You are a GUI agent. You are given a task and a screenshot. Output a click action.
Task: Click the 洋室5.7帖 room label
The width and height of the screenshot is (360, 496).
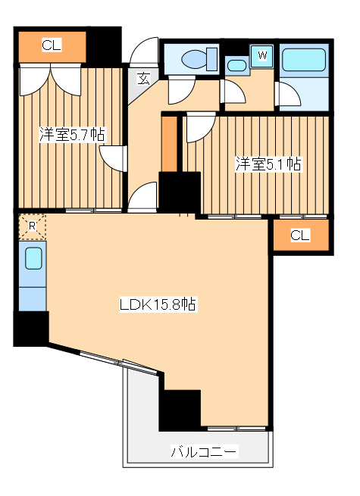pos(73,136)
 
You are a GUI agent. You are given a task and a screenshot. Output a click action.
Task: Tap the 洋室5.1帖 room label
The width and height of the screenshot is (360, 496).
pos(268,164)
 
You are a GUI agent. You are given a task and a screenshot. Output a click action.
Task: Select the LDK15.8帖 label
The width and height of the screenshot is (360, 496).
pos(158,305)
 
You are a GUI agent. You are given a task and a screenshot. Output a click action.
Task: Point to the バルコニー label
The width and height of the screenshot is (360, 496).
pos(203,453)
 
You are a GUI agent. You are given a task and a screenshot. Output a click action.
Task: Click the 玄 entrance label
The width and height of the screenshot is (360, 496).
pos(143,77)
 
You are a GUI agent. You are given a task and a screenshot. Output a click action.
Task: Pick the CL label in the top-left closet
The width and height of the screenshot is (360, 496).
pos(52,46)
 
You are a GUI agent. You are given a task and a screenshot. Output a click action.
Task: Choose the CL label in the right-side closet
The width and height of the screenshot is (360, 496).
pos(300,236)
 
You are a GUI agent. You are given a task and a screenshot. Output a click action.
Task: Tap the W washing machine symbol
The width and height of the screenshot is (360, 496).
pos(262,55)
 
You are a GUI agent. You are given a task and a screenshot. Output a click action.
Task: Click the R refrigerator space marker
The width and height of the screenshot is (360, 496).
pos(32,226)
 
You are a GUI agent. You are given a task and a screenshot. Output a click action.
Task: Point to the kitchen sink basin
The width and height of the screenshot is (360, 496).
pos(33,259)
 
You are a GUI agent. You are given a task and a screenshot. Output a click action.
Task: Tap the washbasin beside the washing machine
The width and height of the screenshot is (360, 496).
pos(236,64)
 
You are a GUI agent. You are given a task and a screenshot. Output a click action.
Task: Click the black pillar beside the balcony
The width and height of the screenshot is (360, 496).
pos(180,410)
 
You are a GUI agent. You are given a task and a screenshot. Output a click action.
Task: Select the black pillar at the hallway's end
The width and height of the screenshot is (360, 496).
pos(179,191)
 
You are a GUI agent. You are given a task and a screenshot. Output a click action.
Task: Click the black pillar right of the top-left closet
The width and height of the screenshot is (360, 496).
pos(105,45)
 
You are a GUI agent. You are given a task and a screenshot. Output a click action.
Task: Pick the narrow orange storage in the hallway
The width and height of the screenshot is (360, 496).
pos(169,144)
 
